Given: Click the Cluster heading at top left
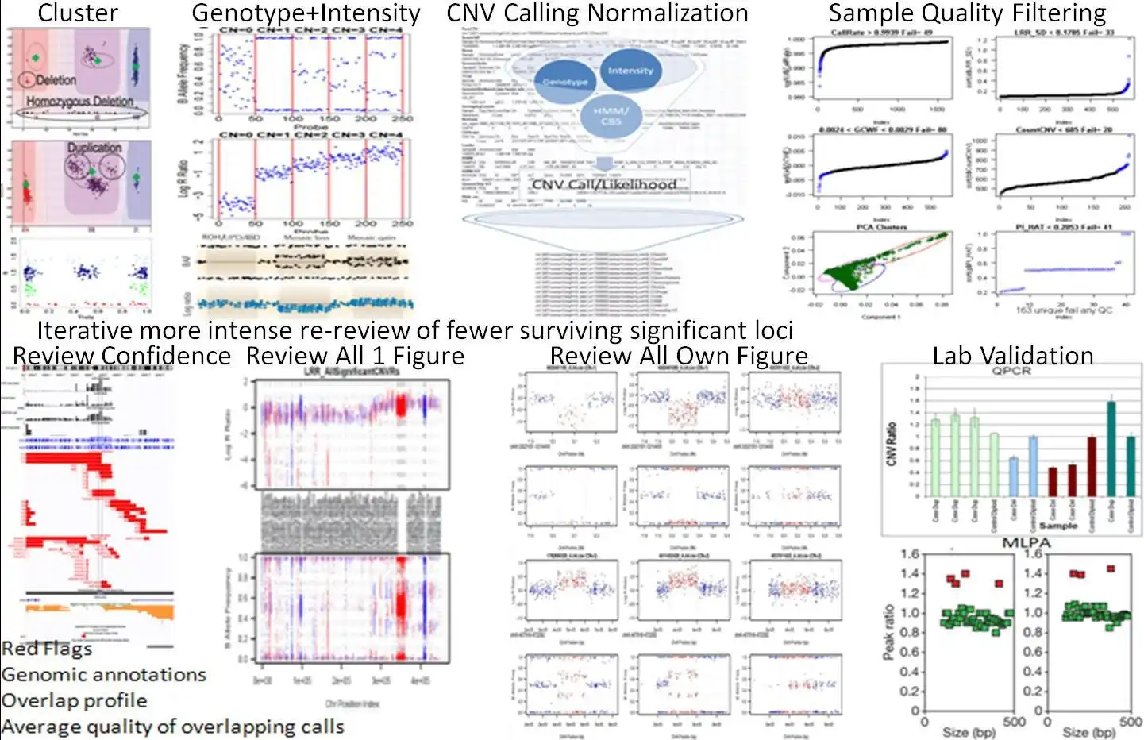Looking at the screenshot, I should [x=78, y=13].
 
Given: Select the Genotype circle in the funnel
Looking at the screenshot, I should [x=565, y=81].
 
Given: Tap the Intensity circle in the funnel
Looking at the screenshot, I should [x=630, y=70].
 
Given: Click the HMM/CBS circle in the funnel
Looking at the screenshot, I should [x=611, y=116].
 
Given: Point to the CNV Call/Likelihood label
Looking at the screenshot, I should [x=604, y=184].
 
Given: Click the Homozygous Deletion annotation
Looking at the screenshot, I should [x=79, y=102].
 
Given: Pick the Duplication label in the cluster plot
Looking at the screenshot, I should [x=94, y=148].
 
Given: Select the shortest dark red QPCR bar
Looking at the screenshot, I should [x=1053, y=482].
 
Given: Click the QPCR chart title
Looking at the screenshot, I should [x=1011, y=371].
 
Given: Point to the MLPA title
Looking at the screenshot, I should [x=1026, y=543].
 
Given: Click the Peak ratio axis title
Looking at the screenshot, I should [x=889, y=632].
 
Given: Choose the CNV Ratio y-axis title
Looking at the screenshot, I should [x=892, y=444].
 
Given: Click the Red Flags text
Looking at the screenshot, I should [x=47, y=649].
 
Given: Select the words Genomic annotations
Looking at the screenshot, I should [x=103, y=675].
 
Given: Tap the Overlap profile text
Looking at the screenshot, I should [x=74, y=701].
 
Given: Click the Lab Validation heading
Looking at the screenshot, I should [x=1012, y=356].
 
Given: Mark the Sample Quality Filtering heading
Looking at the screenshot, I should [x=967, y=13].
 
